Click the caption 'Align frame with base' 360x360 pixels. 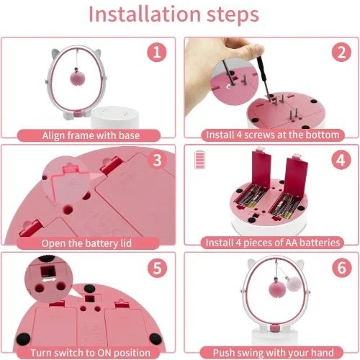click(x=91, y=135)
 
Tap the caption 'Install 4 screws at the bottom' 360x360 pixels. click(x=271, y=135)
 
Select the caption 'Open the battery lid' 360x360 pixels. click(x=91, y=243)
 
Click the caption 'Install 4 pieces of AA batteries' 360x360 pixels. click(x=271, y=243)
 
